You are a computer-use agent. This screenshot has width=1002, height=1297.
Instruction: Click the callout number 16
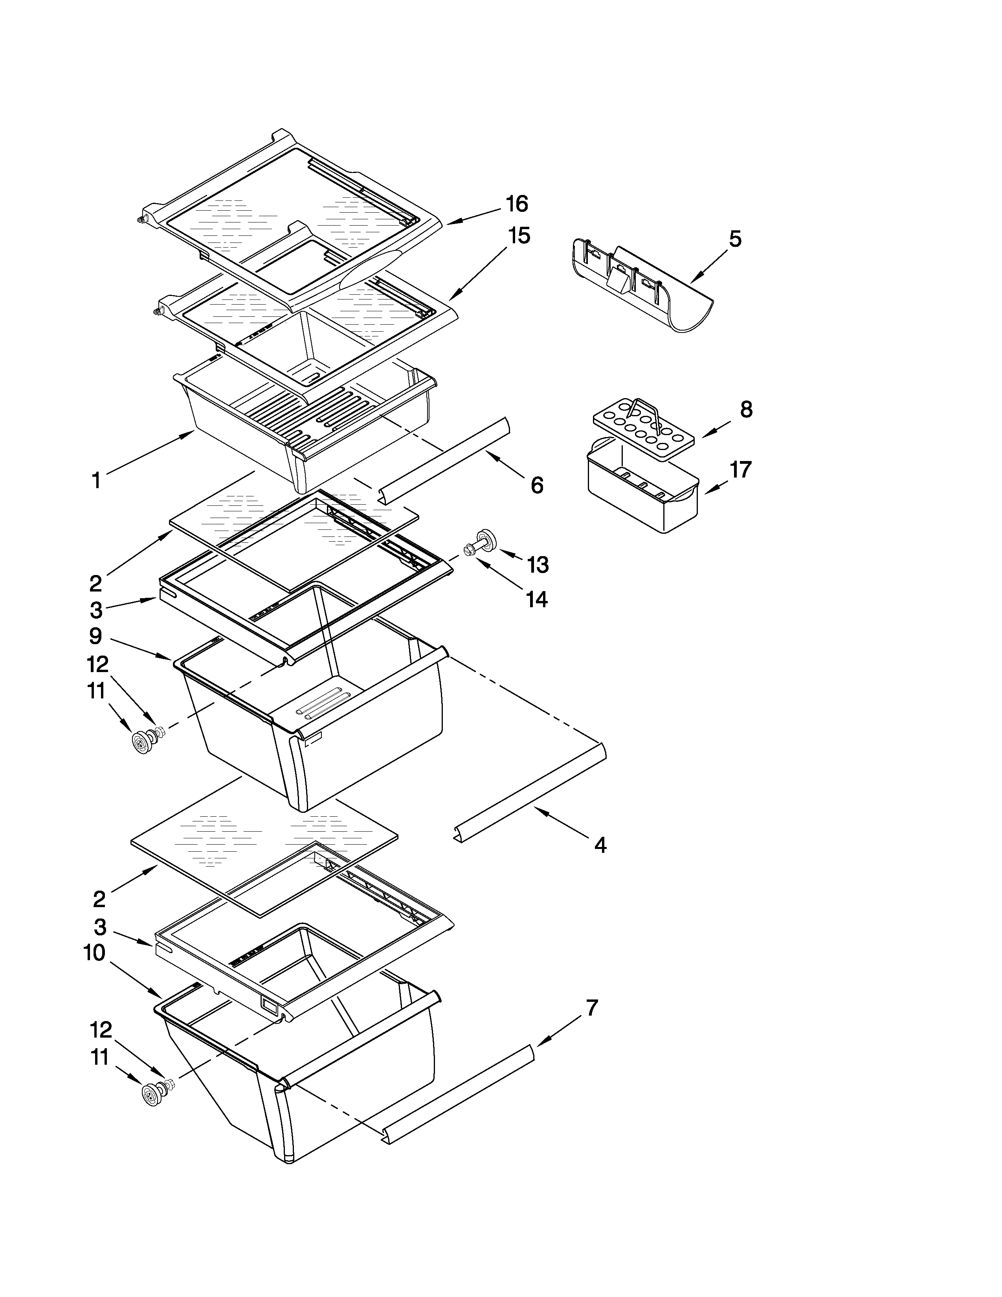516,204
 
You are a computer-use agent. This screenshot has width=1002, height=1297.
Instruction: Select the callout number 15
518,236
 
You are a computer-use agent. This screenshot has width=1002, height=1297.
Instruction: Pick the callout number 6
537,485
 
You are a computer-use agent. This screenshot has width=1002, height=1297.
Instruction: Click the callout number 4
600,845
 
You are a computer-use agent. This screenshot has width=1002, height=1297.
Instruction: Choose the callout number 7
591,1008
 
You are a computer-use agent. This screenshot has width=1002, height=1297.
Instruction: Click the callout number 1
95,480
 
